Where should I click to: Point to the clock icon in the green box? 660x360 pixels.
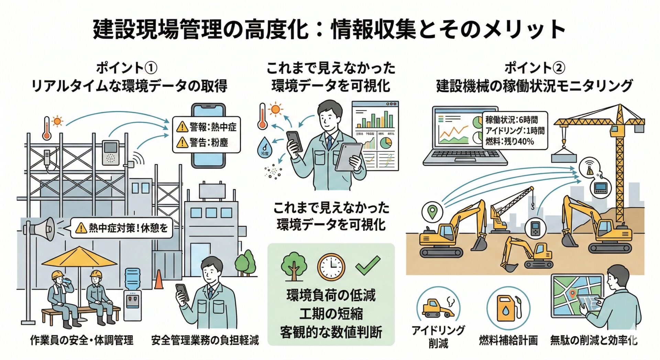pos(331,267)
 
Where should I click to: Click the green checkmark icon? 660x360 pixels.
pos(367,265)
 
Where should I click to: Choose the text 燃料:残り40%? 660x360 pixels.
pos(509,141)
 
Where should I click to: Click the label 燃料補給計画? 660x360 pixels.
pos(508,340)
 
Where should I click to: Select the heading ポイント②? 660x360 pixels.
pos(534,68)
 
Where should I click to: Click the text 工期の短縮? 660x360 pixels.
pos(331,314)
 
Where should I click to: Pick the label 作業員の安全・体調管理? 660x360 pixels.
pos(82,340)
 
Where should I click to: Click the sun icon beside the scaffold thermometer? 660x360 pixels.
pos(57,121)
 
